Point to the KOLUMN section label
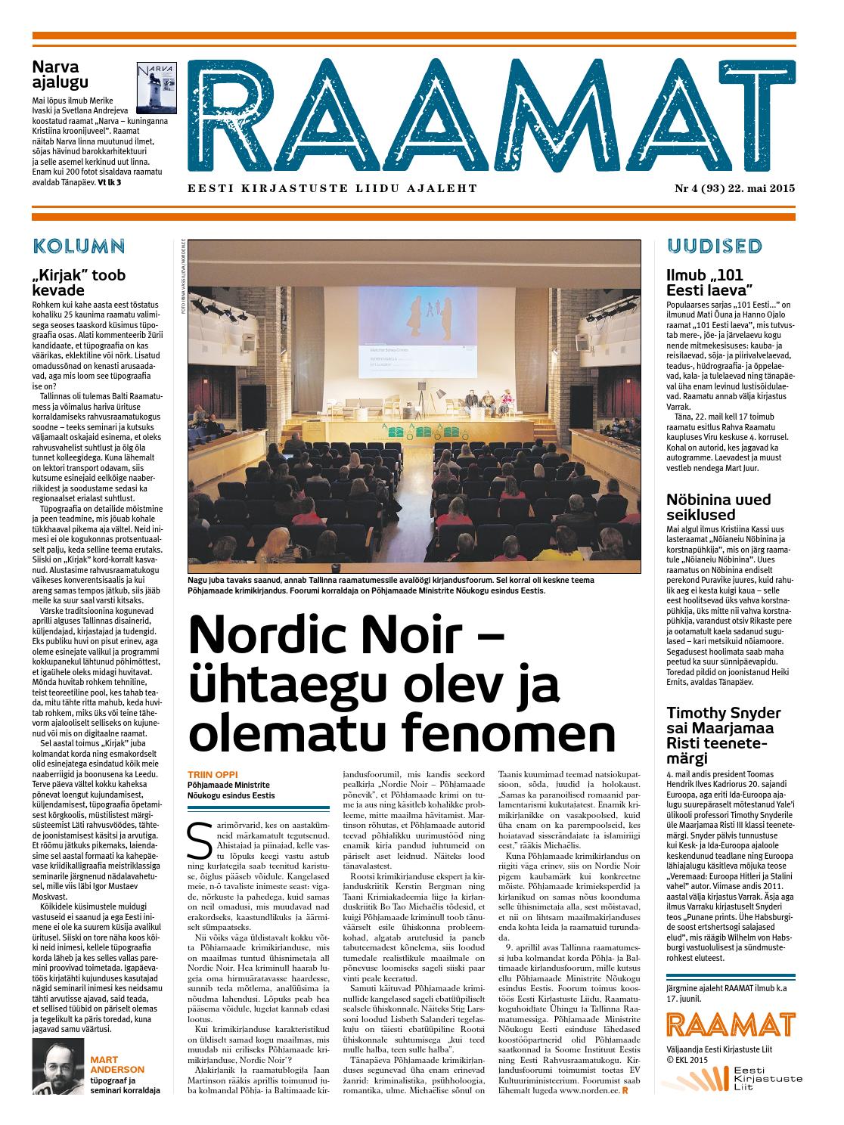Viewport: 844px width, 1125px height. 79,246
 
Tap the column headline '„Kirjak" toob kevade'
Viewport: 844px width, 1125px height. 79,282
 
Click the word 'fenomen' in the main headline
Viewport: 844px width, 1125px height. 508,732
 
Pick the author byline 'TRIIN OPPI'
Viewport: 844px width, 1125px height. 214,774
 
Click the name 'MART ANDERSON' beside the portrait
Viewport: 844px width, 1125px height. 116,1064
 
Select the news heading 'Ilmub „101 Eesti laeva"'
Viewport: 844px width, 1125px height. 709,282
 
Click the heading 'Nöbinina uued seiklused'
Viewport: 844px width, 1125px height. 718,507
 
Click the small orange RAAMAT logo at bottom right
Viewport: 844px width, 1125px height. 731,1025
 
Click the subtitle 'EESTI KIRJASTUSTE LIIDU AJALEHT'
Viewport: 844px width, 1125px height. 333,189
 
